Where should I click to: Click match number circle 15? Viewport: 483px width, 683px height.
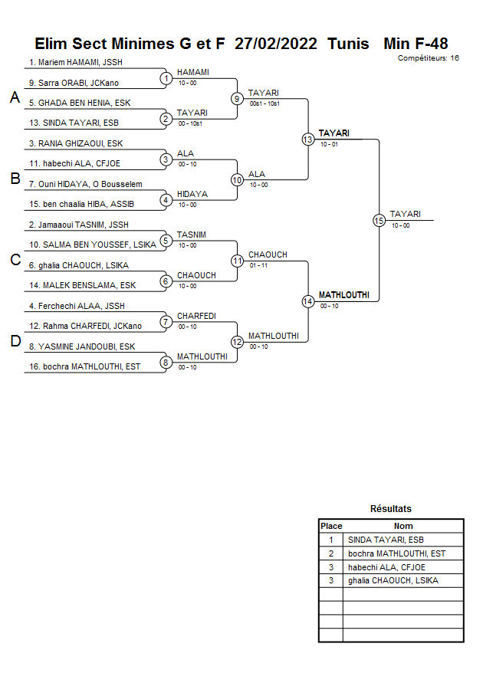[x=379, y=220]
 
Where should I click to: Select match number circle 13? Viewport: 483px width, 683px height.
[x=307, y=140]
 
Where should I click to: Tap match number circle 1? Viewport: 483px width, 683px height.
[x=166, y=78]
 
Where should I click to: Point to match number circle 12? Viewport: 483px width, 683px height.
[x=237, y=342]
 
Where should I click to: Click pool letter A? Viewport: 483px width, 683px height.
[x=15, y=98]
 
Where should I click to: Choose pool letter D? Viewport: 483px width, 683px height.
[x=15, y=342]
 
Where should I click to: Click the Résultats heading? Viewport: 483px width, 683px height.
[x=390, y=509]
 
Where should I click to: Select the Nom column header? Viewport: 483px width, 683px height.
[x=402, y=527]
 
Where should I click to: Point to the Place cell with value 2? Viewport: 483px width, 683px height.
[x=330, y=553]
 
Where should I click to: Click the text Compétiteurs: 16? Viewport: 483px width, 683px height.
[x=429, y=58]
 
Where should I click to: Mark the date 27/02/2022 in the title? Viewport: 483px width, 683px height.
[x=277, y=44]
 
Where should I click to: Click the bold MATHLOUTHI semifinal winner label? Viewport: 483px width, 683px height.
[x=343, y=295]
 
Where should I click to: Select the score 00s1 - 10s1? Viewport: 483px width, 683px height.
[x=264, y=103]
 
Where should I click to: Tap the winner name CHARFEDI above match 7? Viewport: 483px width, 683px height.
[x=196, y=316]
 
